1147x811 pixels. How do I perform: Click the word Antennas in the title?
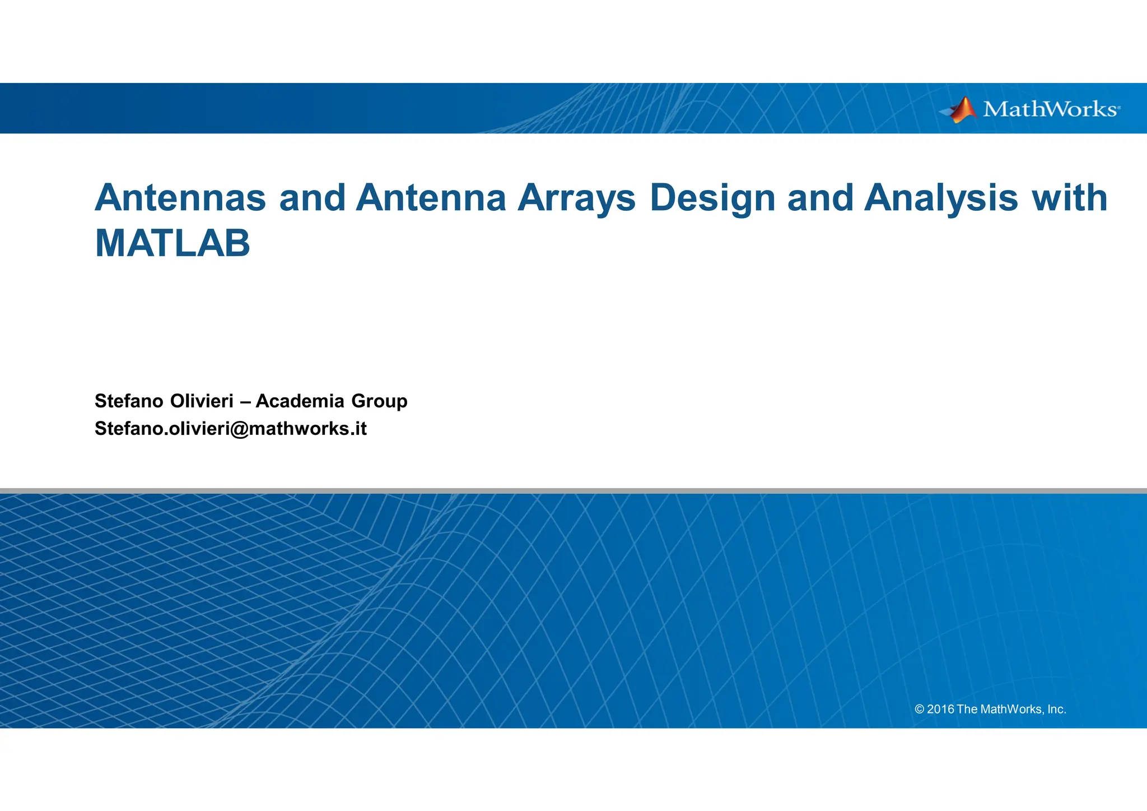click(x=180, y=198)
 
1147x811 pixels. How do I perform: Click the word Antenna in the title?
click(x=431, y=198)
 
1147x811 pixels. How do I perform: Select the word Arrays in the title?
click(x=576, y=199)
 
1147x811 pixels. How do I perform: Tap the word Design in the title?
click(x=712, y=199)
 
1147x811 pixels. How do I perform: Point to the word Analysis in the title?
click(x=941, y=199)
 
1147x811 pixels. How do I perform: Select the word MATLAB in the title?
click(x=172, y=244)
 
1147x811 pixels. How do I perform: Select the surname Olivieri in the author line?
click(x=202, y=401)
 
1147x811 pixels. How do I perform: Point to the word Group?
click(x=379, y=402)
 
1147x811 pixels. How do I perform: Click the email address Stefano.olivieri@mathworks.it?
click(x=230, y=429)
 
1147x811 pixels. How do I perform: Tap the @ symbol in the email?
click(x=239, y=429)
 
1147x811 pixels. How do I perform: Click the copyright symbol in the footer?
click(x=919, y=710)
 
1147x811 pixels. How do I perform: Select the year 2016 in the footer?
click(x=940, y=710)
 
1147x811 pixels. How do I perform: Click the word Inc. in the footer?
click(x=1056, y=710)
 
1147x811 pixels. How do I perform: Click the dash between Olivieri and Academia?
click(x=244, y=402)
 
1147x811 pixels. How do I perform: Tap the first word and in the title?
click(x=312, y=198)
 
